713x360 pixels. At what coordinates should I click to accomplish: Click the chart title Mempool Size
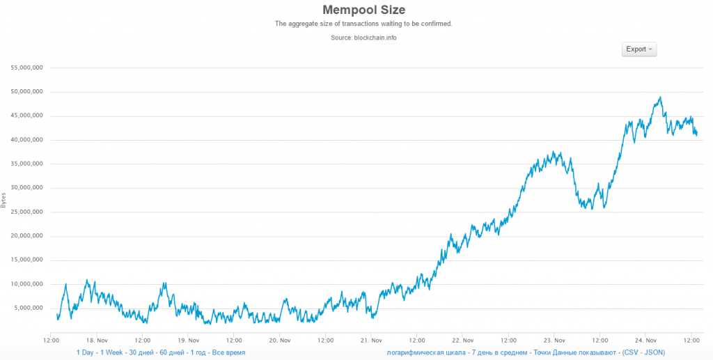(363, 10)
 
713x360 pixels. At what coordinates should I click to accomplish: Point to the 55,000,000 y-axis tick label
(25, 68)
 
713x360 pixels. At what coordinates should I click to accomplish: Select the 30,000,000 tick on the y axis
(25, 188)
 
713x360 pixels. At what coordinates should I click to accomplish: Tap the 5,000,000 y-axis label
(27, 308)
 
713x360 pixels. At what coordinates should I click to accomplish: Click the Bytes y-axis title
(3, 200)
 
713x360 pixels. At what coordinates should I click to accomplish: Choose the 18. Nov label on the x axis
(97, 341)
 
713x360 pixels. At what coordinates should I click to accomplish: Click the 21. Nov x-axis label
(371, 341)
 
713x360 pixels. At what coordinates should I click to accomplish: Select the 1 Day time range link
(86, 353)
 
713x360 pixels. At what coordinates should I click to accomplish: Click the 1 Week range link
(114, 353)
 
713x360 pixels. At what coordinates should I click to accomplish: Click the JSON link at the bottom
(653, 353)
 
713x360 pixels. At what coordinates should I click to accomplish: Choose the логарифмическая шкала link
(425, 353)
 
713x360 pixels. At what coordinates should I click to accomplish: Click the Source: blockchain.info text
(363, 37)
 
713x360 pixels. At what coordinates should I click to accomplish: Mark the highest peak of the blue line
(659, 97)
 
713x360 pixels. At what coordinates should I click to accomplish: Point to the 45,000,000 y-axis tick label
(25, 116)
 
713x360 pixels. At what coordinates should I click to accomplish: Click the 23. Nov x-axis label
(554, 341)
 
